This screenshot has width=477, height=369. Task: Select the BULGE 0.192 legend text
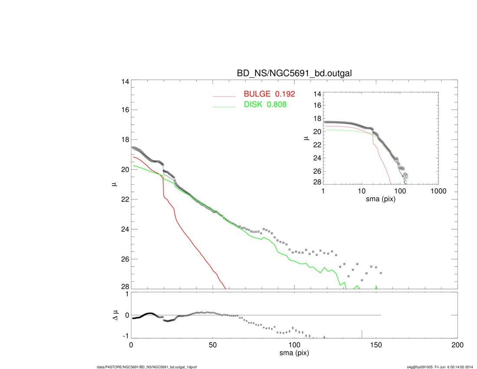click(x=269, y=94)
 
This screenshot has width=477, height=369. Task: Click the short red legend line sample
click(x=224, y=96)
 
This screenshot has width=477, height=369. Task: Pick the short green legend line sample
click(x=224, y=107)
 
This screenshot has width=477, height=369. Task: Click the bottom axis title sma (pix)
click(x=294, y=353)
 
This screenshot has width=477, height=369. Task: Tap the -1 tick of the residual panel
click(x=125, y=336)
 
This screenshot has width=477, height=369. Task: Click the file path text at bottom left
click(x=147, y=367)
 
